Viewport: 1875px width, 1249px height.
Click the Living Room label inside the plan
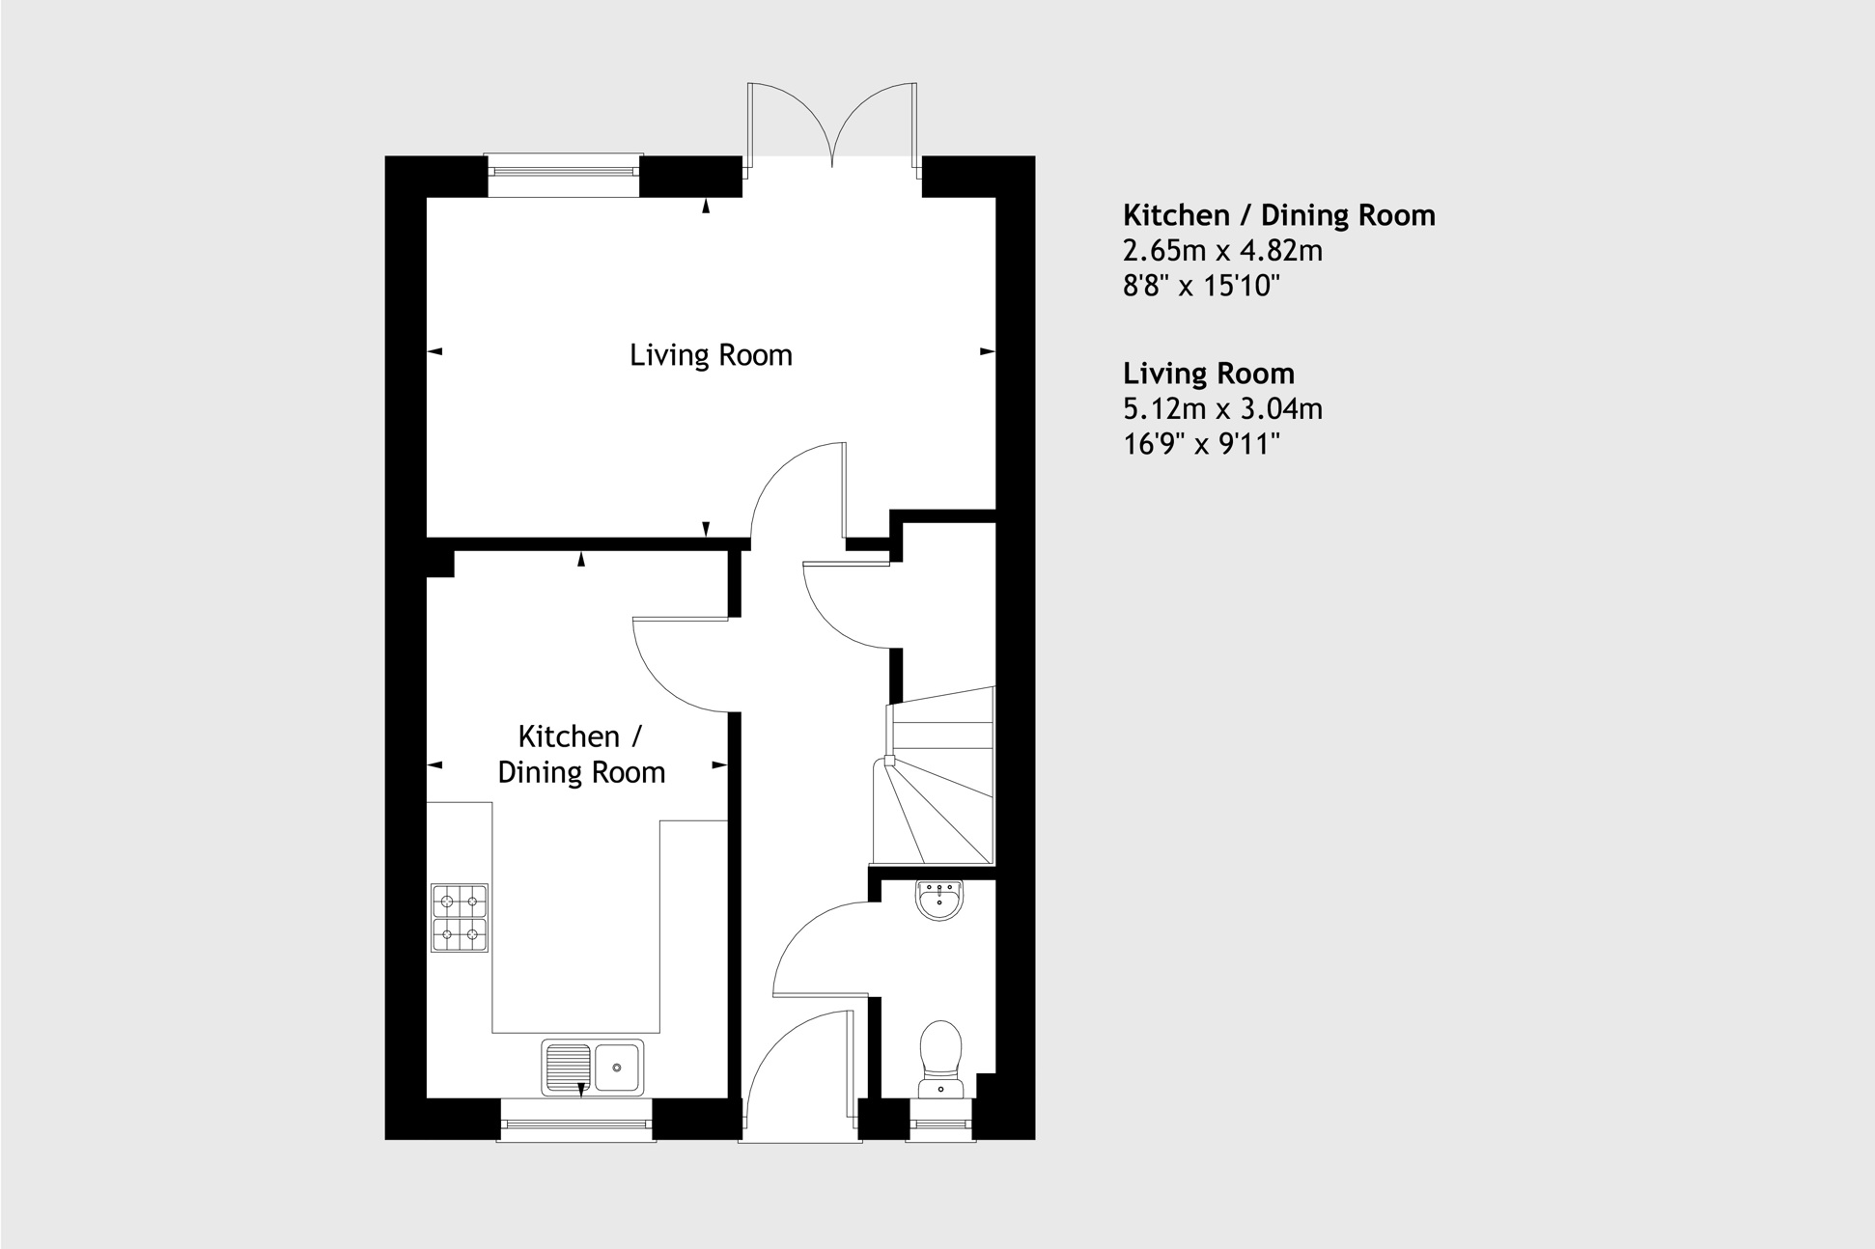711,355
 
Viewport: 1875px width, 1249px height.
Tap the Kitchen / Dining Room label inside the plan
581,754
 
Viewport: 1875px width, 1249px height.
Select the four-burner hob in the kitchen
460,918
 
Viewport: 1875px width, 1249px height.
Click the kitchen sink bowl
617,1068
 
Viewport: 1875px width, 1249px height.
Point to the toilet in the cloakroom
940,1055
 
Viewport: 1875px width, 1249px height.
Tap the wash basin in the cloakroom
939,901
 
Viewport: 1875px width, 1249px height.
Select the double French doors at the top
831,125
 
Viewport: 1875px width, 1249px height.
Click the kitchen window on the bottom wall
576,1124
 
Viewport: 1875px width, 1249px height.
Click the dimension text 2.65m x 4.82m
1222,251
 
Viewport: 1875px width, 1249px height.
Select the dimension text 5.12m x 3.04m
1222,409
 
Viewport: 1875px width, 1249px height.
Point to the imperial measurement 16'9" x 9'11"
1201,444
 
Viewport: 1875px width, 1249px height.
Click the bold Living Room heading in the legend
1208,374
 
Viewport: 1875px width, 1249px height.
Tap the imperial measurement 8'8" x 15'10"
1201,287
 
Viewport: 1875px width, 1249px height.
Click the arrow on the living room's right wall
987,351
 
